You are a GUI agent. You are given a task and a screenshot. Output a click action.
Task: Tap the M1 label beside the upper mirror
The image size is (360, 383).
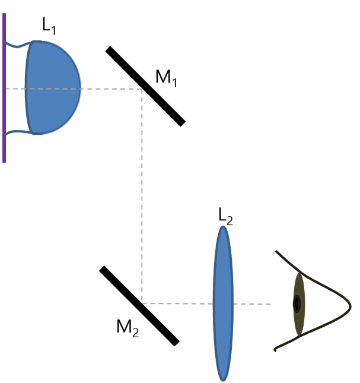(x=165, y=77)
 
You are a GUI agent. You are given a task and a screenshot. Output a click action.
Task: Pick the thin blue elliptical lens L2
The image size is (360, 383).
(x=223, y=303)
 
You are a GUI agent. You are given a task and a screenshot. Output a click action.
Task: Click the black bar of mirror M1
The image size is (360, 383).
(x=145, y=86)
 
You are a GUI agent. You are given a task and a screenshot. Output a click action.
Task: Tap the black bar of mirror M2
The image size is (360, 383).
(x=139, y=305)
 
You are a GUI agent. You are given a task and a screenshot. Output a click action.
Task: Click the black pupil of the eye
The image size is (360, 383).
(x=297, y=303)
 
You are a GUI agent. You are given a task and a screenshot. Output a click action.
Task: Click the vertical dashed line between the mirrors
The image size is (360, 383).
(x=142, y=196)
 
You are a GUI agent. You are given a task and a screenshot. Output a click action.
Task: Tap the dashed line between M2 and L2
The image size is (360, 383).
(x=178, y=303)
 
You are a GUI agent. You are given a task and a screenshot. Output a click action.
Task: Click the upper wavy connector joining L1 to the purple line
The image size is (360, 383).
(x=16, y=45)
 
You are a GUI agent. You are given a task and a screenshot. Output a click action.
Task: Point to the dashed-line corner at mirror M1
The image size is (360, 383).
(x=142, y=89)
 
